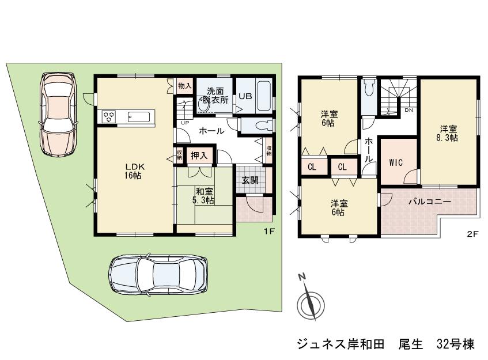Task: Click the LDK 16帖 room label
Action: click(x=135, y=171)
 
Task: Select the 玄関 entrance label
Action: click(x=249, y=180)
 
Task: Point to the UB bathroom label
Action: click(x=245, y=97)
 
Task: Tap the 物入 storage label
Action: click(x=184, y=86)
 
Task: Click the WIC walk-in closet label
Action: click(x=395, y=162)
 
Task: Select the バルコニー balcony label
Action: click(x=430, y=202)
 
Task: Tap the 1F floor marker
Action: click(x=268, y=232)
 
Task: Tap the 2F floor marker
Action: click(x=472, y=234)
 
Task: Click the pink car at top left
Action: click(x=57, y=114)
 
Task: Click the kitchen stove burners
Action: click(x=109, y=117)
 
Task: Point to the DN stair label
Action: click(x=408, y=109)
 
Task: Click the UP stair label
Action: click(x=184, y=123)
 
